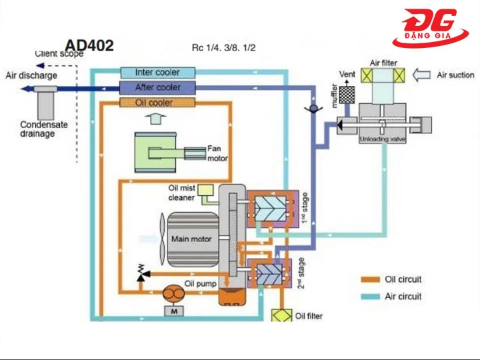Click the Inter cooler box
pyautogui.click(x=157, y=72)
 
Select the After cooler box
pyautogui.click(x=157, y=87)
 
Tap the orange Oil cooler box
pyautogui.click(x=157, y=103)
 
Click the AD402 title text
pyautogui.click(x=89, y=46)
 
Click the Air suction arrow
pyautogui.click(x=422, y=75)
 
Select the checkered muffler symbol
pyautogui.click(x=346, y=95)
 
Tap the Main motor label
pyautogui.click(x=191, y=239)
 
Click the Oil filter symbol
pyautogui.click(x=281, y=315)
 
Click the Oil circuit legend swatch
pyautogui.click(x=370, y=279)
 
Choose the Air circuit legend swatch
pyautogui.click(x=370, y=296)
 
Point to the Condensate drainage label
pyautogui.click(x=46, y=129)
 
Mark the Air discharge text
pyautogui.click(x=31, y=75)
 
